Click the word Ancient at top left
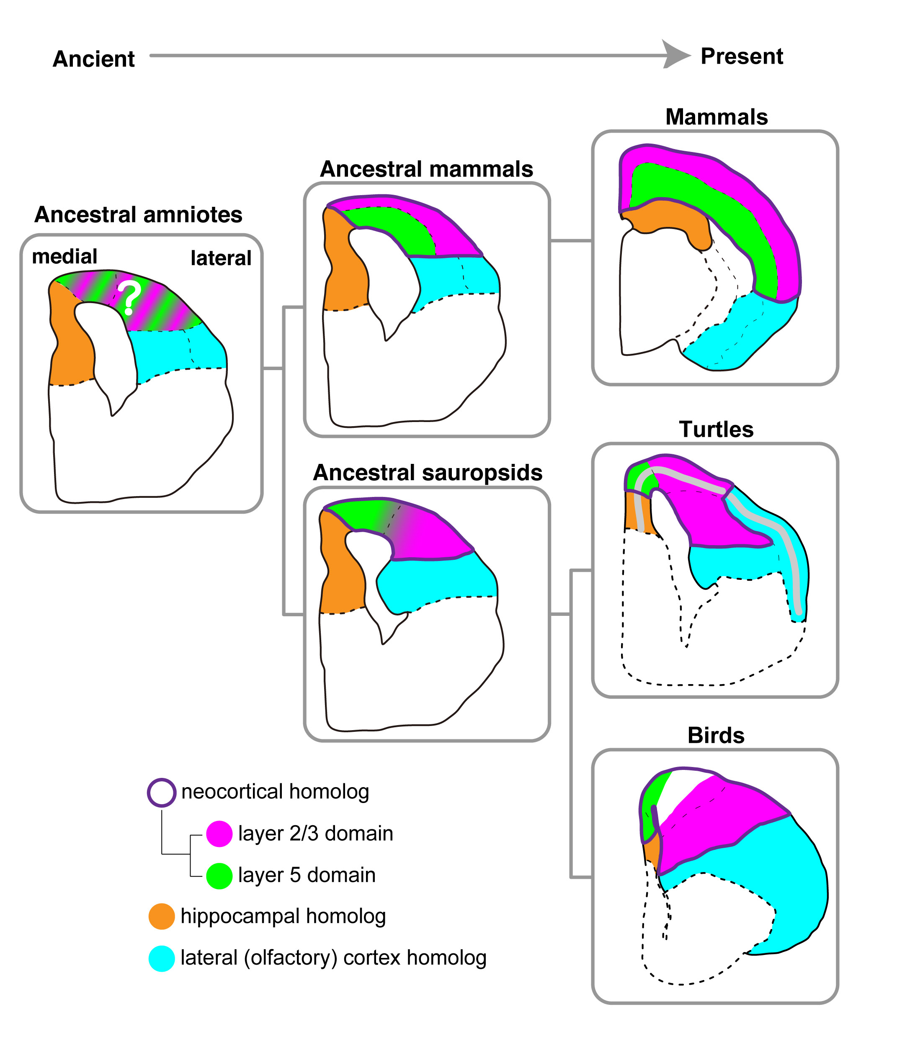(93, 59)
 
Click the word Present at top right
(741, 56)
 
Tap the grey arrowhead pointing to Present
(675, 54)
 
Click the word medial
(64, 256)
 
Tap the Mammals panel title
(716, 117)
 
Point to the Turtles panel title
(716, 429)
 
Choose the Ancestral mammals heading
(426, 169)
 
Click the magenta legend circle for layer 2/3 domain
(219, 833)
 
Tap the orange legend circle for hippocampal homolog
(162, 916)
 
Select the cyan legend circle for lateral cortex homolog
(162, 958)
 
